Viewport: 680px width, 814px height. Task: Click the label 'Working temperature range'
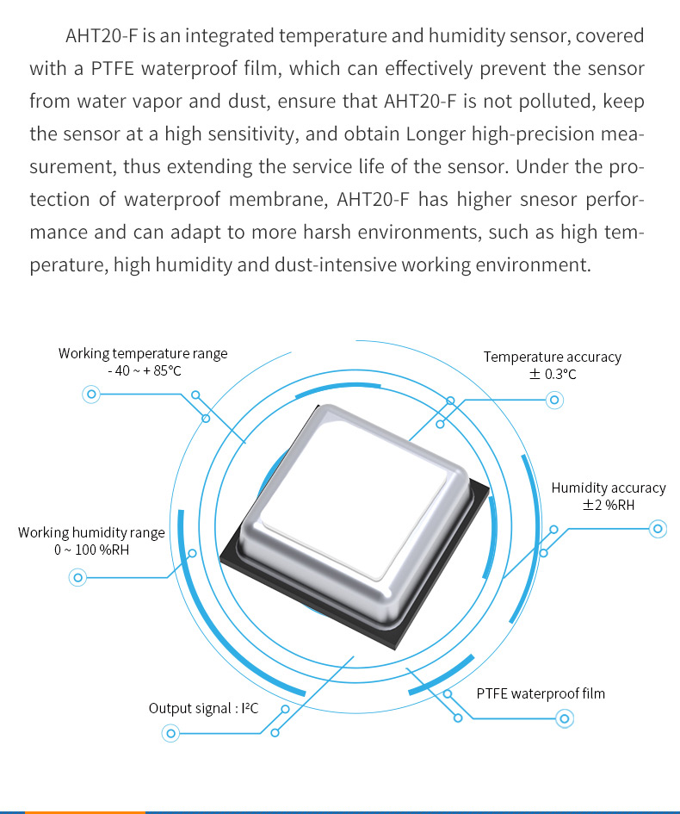pos(143,354)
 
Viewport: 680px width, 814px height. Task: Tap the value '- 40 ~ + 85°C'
pos(145,371)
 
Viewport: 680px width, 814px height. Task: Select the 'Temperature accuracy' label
pos(552,357)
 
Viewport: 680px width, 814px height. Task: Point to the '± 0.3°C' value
pos(552,375)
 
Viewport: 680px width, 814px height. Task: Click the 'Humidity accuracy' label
pos(608,488)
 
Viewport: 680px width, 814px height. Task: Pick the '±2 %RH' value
pos(608,505)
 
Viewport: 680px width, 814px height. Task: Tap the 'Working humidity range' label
pos(91,532)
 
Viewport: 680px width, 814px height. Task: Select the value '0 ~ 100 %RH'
pos(91,550)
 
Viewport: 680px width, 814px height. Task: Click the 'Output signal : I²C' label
pos(203,708)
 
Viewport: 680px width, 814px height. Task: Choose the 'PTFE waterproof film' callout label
pos(541,693)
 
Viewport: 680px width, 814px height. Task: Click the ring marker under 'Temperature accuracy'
pos(554,400)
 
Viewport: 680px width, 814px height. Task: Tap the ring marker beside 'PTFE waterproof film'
pos(565,718)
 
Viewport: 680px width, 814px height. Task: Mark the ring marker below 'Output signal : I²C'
pos(170,733)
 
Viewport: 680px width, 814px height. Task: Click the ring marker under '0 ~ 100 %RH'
pos(77,577)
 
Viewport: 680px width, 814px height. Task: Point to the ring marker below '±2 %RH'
pos(658,529)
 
